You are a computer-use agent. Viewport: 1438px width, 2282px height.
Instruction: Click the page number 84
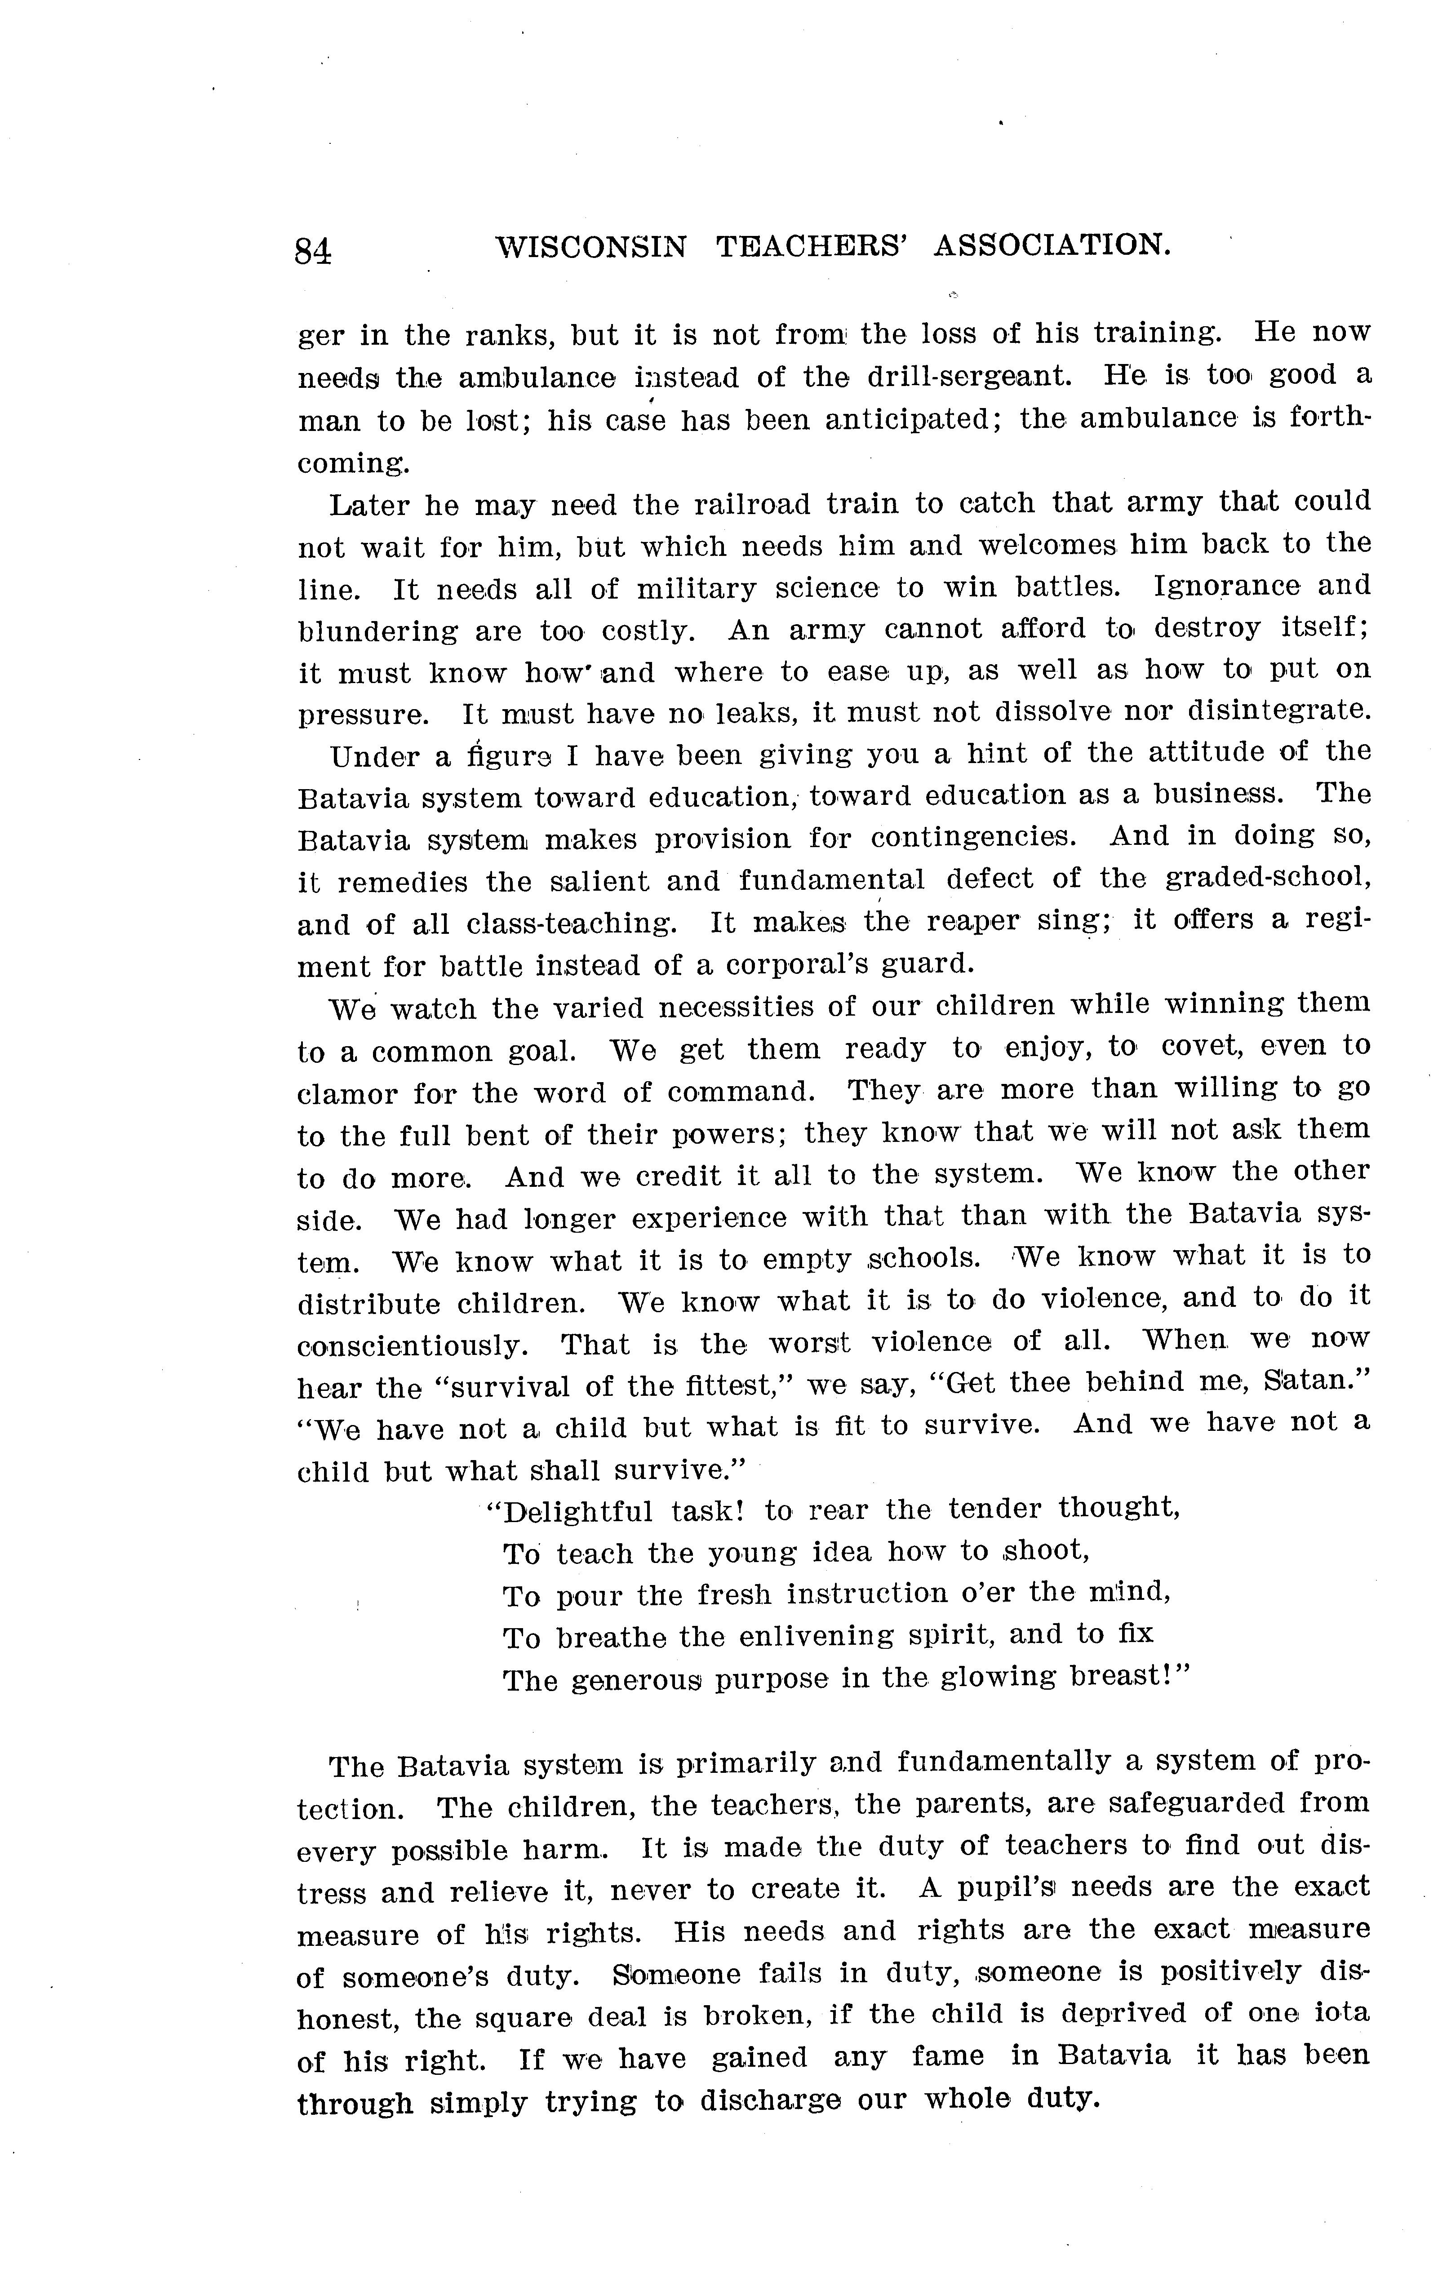tap(313, 251)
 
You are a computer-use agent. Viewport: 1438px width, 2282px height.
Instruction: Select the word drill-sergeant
tap(969, 376)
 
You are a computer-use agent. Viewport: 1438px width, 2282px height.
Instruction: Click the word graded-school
tap(1267, 879)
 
